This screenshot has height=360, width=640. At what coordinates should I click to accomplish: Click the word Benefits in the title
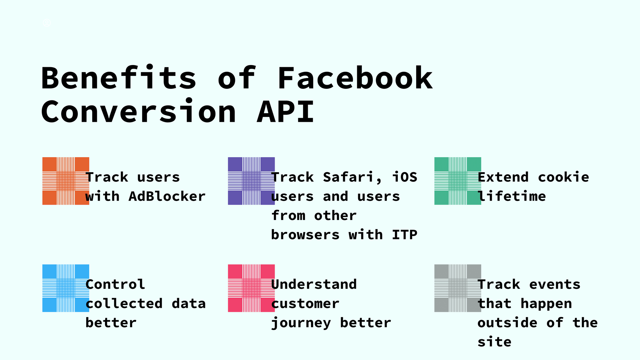pyautogui.click(x=118, y=78)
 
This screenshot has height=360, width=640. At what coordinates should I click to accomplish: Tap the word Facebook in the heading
pyautogui.click(x=355, y=78)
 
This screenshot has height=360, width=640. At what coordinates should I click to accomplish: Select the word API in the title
pyautogui.click(x=285, y=112)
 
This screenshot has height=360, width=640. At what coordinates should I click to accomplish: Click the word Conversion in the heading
pyautogui.click(x=138, y=112)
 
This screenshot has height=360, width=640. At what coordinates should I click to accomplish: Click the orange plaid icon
pyautogui.click(x=66, y=181)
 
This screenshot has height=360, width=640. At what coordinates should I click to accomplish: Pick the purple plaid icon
pyautogui.click(x=251, y=181)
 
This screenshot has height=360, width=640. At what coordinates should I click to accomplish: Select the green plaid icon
pyautogui.click(x=457, y=181)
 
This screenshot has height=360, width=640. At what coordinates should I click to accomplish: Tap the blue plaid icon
pyautogui.click(x=66, y=288)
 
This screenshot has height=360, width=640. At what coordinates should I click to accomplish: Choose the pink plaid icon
pyautogui.click(x=251, y=288)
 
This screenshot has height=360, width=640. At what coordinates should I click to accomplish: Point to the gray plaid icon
pyautogui.click(x=457, y=288)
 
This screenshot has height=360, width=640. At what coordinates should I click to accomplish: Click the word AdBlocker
pyautogui.click(x=167, y=197)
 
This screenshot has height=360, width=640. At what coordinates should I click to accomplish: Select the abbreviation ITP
pyautogui.click(x=405, y=235)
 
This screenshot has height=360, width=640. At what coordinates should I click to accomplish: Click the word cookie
pyautogui.click(x=563, y=177)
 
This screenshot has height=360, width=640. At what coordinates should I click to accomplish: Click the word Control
pyautogui.click(x=115, y=284)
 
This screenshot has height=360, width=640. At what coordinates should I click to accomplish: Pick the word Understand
pyautogui.click(x=314, y=284)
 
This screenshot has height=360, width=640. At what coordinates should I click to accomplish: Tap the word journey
pyautogui.click(x=301, y=323)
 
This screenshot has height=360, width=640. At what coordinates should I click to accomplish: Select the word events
pyautogui.click(x=555, y=284)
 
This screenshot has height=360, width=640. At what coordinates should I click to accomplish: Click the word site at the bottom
pyautogui.click(x=494, y=342)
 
